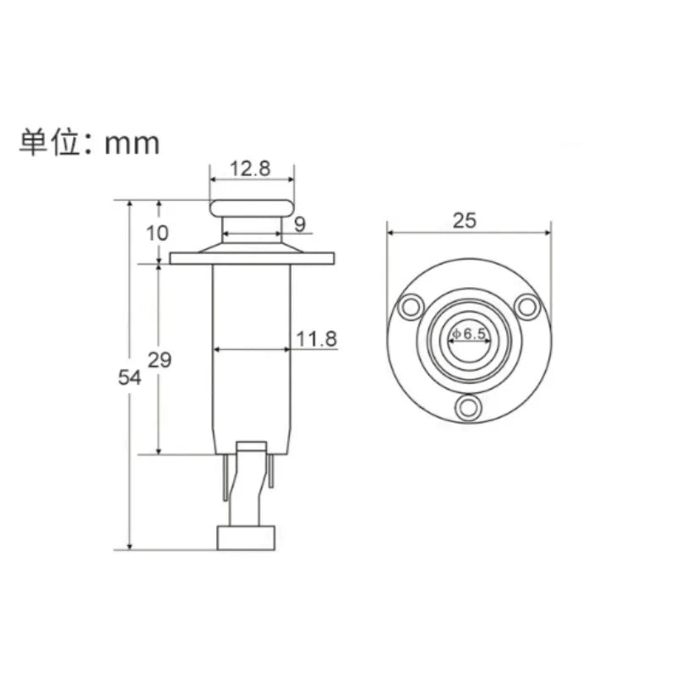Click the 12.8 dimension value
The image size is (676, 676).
(x=250, y=168)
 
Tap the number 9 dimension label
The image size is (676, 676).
(x=300, y=224)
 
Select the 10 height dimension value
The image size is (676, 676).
(x=157, y=233)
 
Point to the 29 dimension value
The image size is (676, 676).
(x=160, y=360)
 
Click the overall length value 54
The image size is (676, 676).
(x=129, y=378)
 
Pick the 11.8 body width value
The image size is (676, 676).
(x=316, y=339)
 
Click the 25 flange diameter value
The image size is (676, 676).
(x=464, y=221)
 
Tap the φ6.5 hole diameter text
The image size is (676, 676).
(x=469, y=333)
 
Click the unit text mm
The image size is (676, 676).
(x=132, y=144)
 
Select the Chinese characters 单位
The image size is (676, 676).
(x=50, y=142)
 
